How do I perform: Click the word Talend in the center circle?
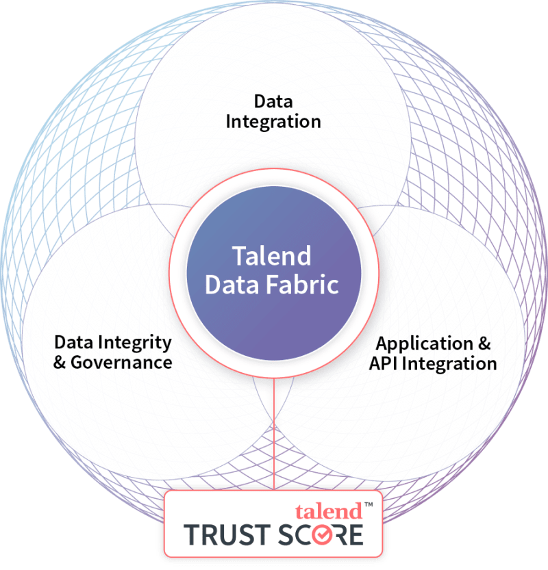[271, 256]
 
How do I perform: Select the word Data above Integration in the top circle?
[273, 101]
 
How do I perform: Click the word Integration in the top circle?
[273, 122]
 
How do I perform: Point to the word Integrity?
[135, 344]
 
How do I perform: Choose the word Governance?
[121, 363]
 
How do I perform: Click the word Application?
[424, 344]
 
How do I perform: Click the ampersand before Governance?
[60, 363]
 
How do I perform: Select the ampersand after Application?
[484, 344]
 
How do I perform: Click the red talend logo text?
[329, 511]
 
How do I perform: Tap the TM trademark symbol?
[369, 504]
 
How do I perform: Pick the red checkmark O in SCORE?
[322, 534]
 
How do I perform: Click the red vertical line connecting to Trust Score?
[273, 434]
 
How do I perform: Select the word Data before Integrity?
[74, 342]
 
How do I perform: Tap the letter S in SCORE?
[286, 534]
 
